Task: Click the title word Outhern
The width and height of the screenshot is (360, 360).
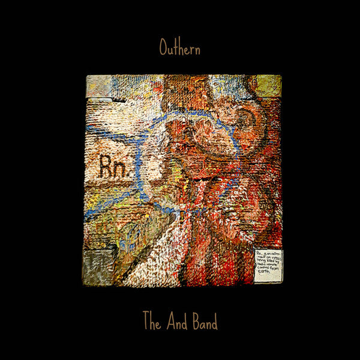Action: (179, 48)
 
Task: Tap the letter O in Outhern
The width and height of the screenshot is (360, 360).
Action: (163, 48)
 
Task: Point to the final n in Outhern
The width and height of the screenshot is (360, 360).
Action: (196, 49)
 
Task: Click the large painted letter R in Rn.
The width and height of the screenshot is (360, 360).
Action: (106, 166)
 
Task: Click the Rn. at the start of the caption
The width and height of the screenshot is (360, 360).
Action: (259, 253)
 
